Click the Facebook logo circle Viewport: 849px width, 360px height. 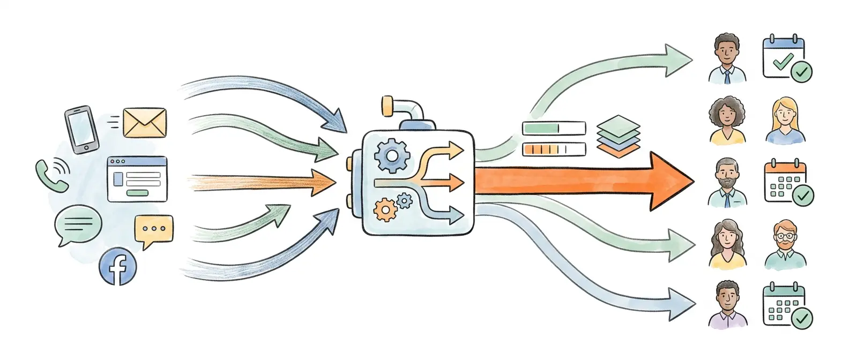(x=118, y=266)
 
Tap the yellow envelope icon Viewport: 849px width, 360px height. (x=144, y=123)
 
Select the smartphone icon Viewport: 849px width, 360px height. (x=81, y=130)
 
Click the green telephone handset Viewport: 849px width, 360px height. (x=52, y=175)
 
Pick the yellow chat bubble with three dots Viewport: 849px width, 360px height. (x=154, y=230)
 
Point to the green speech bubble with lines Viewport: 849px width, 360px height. (x=78, y=223)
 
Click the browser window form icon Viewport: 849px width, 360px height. (x=137, y=179)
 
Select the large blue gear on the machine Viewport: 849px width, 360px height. (x=392, y=155)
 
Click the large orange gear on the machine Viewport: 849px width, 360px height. (x=384, y=209)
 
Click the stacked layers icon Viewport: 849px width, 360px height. (x=618, y=134)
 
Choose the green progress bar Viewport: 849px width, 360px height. (x=554, y=129)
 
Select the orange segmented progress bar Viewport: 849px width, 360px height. (x=554, y=149)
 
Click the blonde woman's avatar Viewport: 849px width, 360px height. (x=785, y=121)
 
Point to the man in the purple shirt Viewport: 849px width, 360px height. (x=727, y=305)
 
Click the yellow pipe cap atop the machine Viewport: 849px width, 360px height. (x=387, y=106)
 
